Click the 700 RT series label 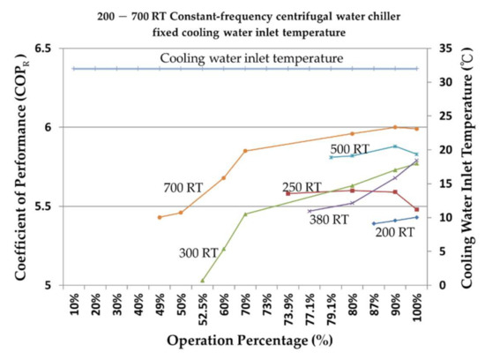coord(184,189)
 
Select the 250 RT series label coord(302,187)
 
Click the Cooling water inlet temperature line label coord(251,59)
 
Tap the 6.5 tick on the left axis coord(46,49)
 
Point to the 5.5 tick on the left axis coord(46,206)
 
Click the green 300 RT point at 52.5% coord(203,281)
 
